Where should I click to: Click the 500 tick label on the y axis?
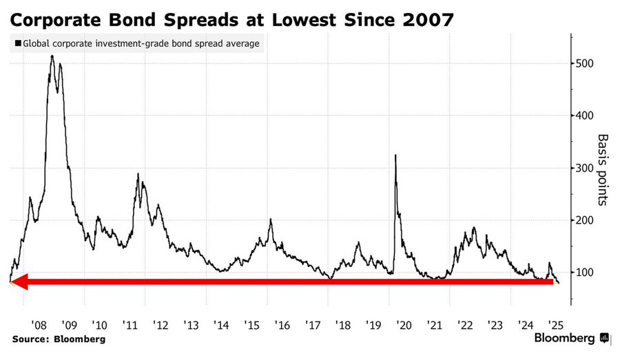pyautogui.click(x=586, y=63)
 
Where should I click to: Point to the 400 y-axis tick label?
pyautogui.click(x=586, y=116)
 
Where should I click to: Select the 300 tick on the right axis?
pyautogui.click(x=586, y=168)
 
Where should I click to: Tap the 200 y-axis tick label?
pyautogui.click(x=586, y=220)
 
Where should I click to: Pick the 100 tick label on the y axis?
pyautogui.click(x=586, y=273)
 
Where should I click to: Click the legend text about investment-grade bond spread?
pyautogui.click(x=142, y=43)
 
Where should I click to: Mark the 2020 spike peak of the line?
pyautogui.click(x=395, y=156)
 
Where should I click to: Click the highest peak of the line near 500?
pyautogui.click(x=52, y=56)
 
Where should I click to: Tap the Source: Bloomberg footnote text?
pyautogui.click(x=59, y=339)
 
